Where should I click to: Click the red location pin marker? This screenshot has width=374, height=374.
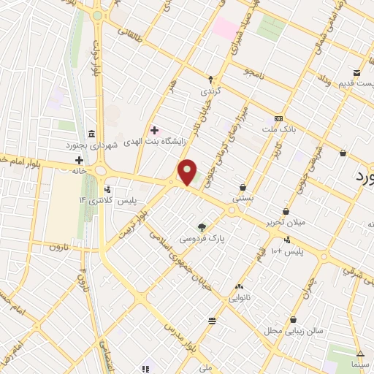click(187, 172)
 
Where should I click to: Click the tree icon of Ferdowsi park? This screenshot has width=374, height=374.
click(202, 226)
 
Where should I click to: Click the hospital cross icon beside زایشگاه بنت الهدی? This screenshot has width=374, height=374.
click(154, 130)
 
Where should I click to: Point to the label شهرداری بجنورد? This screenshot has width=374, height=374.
click(112, 145)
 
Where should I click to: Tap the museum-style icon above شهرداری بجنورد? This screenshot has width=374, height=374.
click(90, 134)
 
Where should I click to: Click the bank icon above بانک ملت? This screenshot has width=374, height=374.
click(278, 118)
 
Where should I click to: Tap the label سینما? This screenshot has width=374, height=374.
click(361, 363)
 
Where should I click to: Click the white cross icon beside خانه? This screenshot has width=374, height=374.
click(79, 159)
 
